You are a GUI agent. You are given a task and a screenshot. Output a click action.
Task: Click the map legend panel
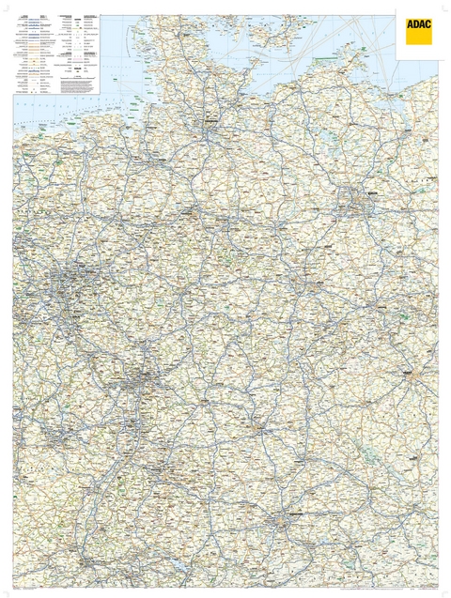tap(56, 54)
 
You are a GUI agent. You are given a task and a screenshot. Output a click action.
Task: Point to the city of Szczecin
tap(419, 133)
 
